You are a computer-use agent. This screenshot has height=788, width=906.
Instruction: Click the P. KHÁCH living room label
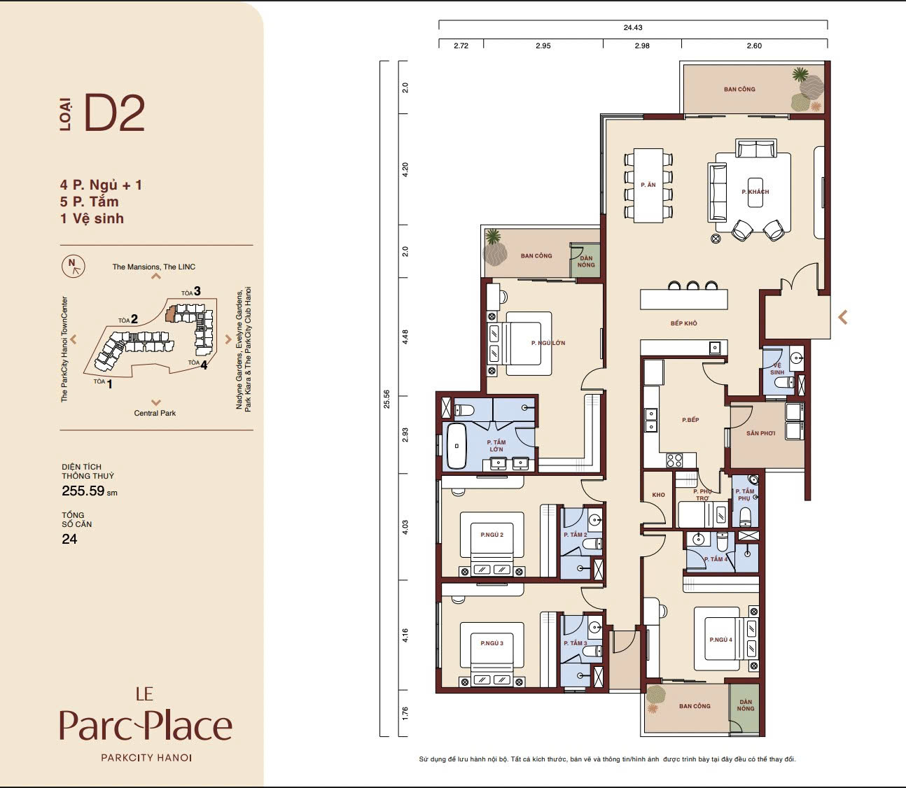tap(755, 192)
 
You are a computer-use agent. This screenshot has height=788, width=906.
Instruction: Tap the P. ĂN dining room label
tap(648, 185)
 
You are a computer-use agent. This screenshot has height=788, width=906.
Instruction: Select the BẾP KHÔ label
tap(684, 323)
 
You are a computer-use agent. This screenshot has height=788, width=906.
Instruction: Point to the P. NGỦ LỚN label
tap(548, 343)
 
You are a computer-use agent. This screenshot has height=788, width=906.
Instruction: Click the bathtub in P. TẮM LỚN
tap(456, 446)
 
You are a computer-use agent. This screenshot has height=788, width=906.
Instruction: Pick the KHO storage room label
tap(658, 495)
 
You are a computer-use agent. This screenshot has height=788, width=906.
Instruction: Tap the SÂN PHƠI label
tap(761, 433)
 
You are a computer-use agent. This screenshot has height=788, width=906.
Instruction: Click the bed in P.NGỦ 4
tap(718, 639)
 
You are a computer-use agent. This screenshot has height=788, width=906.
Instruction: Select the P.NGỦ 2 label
tap(492, 535)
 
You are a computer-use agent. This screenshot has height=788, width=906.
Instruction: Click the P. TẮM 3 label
tap(576, 643)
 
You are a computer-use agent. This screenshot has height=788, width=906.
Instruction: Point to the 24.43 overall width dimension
tap(633, 27)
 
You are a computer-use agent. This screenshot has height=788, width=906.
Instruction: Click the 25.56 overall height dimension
tap(386, 399)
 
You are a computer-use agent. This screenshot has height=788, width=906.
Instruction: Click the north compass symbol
tap(73, 267)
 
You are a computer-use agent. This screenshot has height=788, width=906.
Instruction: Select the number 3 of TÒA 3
tap(197, 291)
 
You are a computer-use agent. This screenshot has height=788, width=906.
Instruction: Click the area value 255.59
tap(83, 491)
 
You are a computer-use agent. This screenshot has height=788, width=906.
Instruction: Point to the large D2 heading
tap(114, 113)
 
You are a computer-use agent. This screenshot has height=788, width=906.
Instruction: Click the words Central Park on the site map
tap(155, 414)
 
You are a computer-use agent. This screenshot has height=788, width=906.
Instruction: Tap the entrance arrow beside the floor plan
tap(843, 317)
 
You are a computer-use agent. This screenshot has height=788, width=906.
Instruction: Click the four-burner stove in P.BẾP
tap(674, 460)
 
